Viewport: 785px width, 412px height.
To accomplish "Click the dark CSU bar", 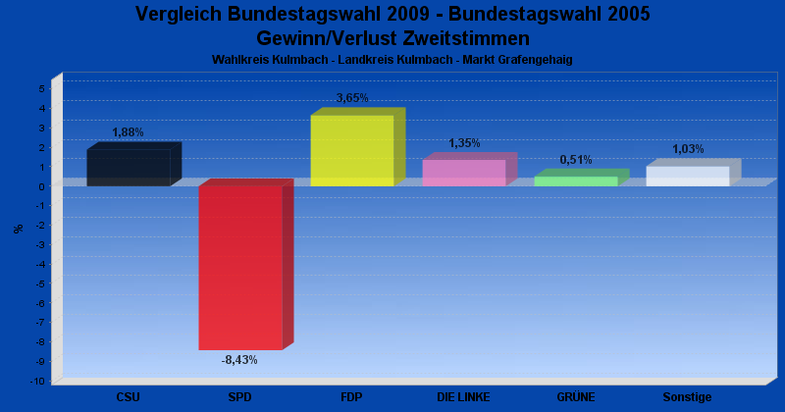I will pos(129,168).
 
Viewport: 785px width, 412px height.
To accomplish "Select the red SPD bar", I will pos(240,268).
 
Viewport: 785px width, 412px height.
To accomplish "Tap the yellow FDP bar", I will pos(351,151).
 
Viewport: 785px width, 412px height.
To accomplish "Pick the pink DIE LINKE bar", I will pos(463,174).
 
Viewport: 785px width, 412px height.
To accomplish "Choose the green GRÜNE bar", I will pos(575,181).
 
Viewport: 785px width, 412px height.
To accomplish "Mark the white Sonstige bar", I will pos(687,177).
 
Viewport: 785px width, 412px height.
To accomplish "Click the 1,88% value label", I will pos(128,132).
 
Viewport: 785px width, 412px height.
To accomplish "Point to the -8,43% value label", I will pos(239,360).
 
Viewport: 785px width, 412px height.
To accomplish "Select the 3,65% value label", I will pos(352,98).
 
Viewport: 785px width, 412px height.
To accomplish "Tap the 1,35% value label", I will pos(464,143).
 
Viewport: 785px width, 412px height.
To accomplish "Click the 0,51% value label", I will pos(576,160).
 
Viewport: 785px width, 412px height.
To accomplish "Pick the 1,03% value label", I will pos(688,149).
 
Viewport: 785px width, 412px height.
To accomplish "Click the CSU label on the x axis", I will pos(128,397).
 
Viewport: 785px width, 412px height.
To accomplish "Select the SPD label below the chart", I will pos(239,397).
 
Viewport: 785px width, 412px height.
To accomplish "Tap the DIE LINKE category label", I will pos(463,397).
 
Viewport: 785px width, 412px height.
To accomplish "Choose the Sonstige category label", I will pos(687,397).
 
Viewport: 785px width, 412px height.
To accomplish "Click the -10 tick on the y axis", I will pos(39,381).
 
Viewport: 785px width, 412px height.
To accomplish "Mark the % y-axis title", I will pos(19,229).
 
